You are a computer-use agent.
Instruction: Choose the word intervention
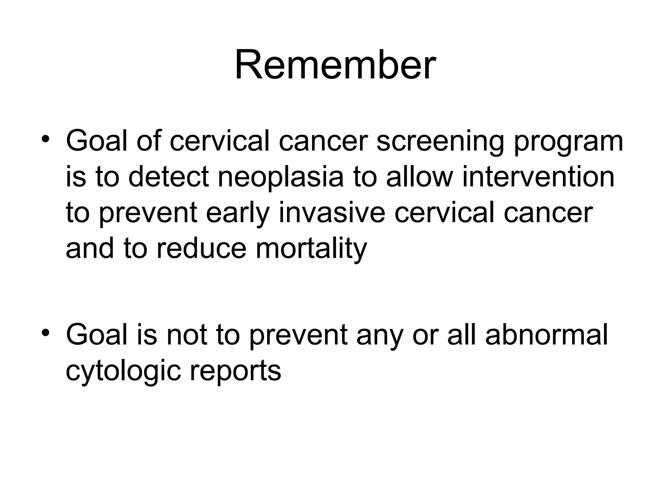(x=538, y=177)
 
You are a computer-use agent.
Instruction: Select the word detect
(x=168, y=177)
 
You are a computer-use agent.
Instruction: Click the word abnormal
(x=546, y=335)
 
